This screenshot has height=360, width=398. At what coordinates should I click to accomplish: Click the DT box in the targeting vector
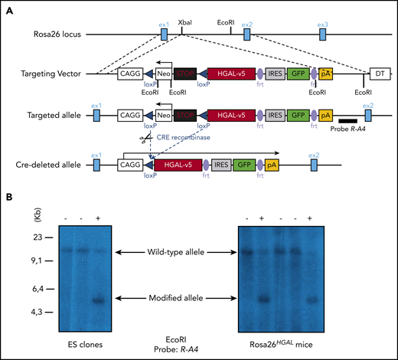378,74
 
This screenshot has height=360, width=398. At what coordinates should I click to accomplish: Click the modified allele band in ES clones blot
99,299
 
